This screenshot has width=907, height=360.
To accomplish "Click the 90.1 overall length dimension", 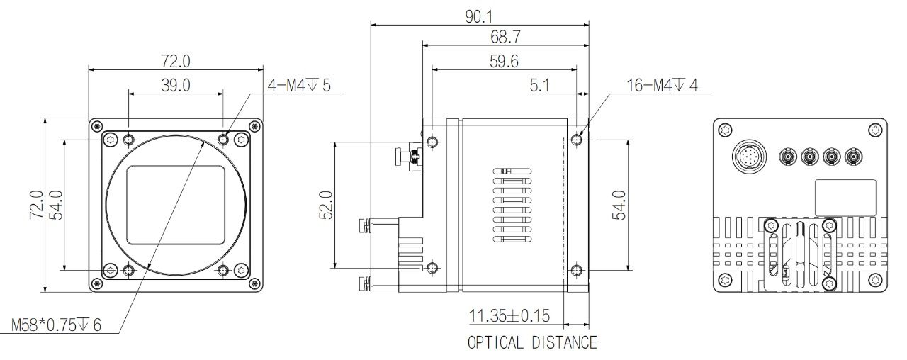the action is point(479,16).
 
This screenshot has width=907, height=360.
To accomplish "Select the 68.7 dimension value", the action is point(505,37).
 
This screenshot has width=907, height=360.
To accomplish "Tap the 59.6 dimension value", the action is point(504,61).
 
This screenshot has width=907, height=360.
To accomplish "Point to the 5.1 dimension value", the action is point(540,86).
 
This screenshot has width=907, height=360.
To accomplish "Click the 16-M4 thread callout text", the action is point(663,86).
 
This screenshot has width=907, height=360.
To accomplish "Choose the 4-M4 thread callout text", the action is point(299,86).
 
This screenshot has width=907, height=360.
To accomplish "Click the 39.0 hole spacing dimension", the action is point(176,86).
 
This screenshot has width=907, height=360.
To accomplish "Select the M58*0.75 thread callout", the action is point(56,325).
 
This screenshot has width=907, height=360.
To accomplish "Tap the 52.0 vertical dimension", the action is point(327,205).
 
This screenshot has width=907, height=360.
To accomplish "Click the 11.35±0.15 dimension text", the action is point(509,316).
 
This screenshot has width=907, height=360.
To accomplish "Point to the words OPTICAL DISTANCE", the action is point(532,342).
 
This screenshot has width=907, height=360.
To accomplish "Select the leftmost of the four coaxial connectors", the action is point(788,157).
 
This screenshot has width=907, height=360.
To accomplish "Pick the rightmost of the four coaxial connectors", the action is point(854,157).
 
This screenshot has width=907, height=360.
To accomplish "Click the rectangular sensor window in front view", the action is point(176,205).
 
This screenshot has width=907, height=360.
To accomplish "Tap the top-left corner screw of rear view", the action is point(725,130).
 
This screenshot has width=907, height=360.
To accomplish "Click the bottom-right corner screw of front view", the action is point(254,283).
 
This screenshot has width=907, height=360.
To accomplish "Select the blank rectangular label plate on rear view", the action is point(845,198).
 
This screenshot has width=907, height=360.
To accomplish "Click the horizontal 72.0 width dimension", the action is point(176,61).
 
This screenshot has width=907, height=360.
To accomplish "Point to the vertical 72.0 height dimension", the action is point(36,205).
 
